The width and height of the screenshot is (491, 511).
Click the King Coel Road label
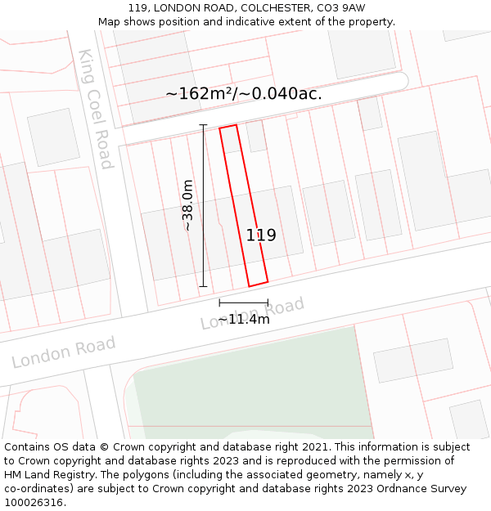point(95,109)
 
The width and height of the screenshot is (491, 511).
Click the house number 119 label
point(261,235)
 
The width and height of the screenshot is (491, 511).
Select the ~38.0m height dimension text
point(187,205)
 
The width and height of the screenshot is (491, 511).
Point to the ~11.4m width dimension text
point(244,319)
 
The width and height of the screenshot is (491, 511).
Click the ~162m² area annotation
point(200,93)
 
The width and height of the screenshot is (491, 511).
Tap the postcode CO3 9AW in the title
point(340,8)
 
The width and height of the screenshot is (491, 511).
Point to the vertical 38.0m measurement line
point(204,205)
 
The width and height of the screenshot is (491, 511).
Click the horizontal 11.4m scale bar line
point(244,303)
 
